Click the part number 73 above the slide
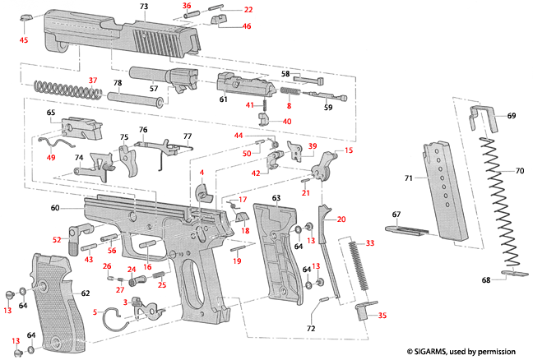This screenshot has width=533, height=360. (x=144, y=7)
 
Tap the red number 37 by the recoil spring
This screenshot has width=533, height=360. (x=93, y=79)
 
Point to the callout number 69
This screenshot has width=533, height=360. (x=512, y=117)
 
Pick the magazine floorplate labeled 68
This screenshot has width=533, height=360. (x=510, y=275)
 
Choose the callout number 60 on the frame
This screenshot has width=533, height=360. (x=55, y=209)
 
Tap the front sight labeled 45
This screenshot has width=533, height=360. (x=25, y=16)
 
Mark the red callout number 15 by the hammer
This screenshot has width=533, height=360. (x=348, y=151)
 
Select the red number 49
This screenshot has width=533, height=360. (x=51, y=158)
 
